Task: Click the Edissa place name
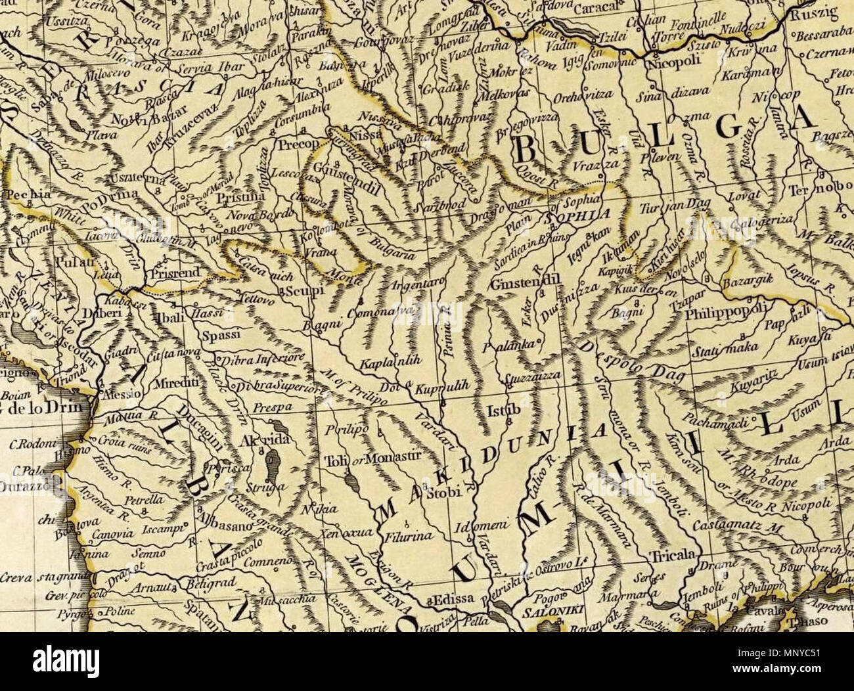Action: [x=450, y=599]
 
